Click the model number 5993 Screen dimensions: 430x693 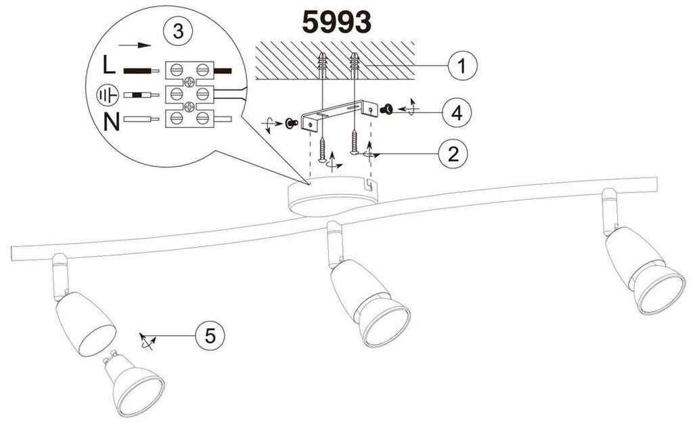point(336,22)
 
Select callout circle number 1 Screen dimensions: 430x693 point(461,66)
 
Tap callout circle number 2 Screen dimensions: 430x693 point(453,154)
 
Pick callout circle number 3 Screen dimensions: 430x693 point(177,32)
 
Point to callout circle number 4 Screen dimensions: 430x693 point(457,112)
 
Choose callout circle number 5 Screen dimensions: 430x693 point(210,335)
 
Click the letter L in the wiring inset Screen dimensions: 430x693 point(110,66)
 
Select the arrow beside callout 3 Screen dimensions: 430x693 point(134,46)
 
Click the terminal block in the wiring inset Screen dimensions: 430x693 point(189,93)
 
